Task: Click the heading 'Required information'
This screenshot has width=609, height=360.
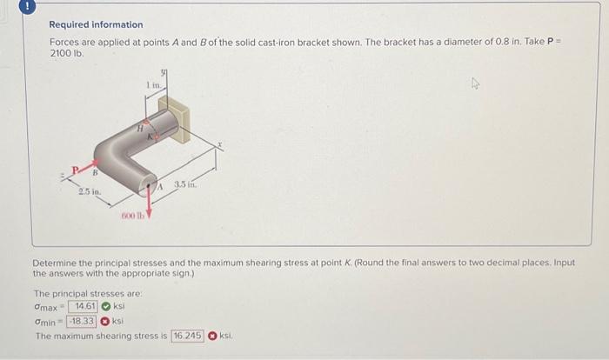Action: pyautogui.click(x=96, y=25)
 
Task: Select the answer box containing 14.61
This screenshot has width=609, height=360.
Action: pyautogui.click(x=85, y=306)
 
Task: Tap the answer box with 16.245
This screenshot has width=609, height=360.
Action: pyautogui.click(x=188, y=336)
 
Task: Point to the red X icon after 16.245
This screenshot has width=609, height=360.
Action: pyautogui.click(x=211, y=336)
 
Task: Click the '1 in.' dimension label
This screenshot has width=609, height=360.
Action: pyautogui.click(x=152, y=84)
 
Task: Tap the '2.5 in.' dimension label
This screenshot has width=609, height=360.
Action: pyautogui.click(x=90, y=190)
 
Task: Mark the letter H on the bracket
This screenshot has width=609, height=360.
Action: pyautogui.click(x=139, y=128)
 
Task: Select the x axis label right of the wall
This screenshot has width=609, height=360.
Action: pyautogui.click(x=221, y=145)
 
